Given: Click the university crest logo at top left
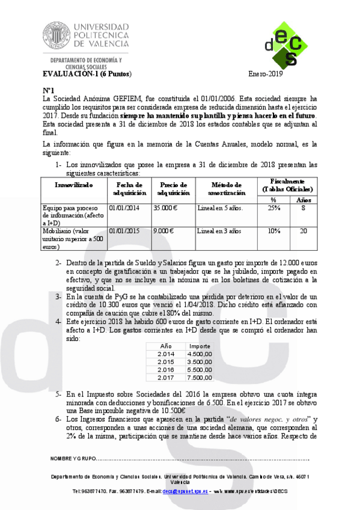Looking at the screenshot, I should point(56,35).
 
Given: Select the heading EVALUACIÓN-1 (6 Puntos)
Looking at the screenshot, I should point(86,74).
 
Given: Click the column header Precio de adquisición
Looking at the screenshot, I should point(173,188).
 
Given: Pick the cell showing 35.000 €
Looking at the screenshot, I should point(166,207).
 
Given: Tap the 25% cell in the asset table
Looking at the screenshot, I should point(273,207).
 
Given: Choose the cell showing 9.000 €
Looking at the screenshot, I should point(164,231).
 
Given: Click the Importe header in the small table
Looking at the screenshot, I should point(200,346).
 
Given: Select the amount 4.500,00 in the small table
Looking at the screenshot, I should point(200,354).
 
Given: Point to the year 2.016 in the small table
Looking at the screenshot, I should point(165,370).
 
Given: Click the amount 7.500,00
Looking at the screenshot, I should point(200,378).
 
